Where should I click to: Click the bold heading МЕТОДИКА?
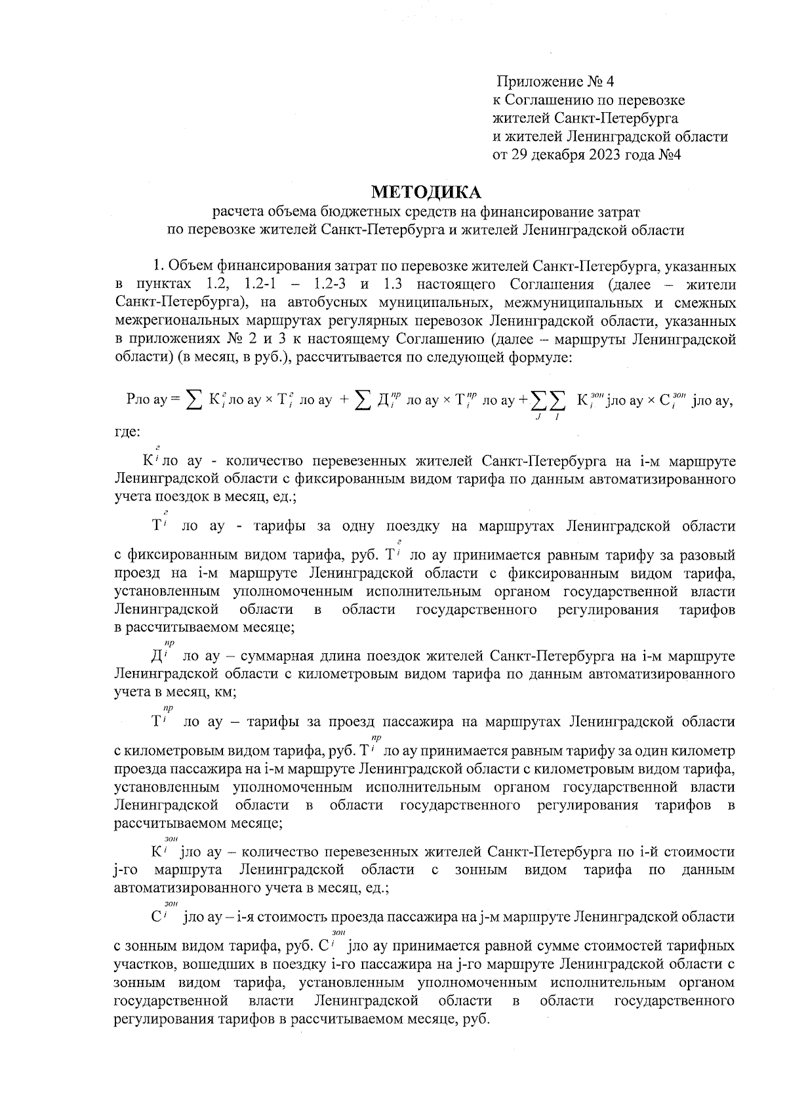point(426,192)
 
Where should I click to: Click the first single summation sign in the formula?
point(193,399)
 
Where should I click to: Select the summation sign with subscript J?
point(538,401)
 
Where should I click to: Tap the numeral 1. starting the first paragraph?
point(158,266)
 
